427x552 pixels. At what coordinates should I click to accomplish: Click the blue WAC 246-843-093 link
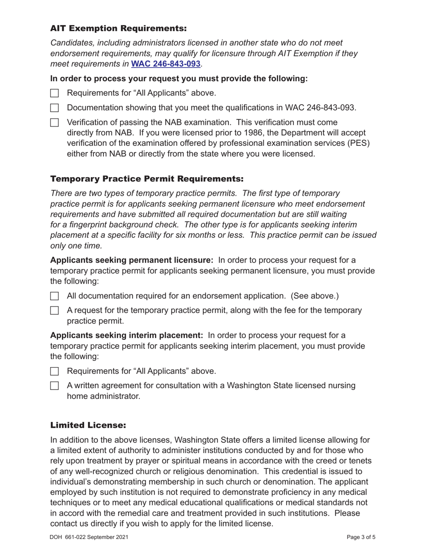click(165, 64)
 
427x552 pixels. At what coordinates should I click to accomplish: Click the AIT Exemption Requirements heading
click(118, 29)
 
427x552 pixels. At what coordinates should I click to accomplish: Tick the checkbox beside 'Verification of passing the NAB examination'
click(54, 123)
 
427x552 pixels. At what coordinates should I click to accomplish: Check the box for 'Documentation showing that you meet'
click(54, 108)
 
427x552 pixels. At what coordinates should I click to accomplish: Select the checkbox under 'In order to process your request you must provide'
click(54, 93)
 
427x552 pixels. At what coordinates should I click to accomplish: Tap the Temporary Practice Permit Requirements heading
click(147, 179)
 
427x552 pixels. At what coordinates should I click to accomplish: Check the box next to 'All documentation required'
click(54, 296)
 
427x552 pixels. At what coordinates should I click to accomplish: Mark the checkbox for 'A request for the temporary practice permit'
click(54, 311)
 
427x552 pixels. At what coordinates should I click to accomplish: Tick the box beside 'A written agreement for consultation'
click(54, 386)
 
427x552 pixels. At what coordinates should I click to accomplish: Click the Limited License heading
click(88, 425)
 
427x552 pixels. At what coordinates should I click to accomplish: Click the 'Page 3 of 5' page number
click(361, 537)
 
